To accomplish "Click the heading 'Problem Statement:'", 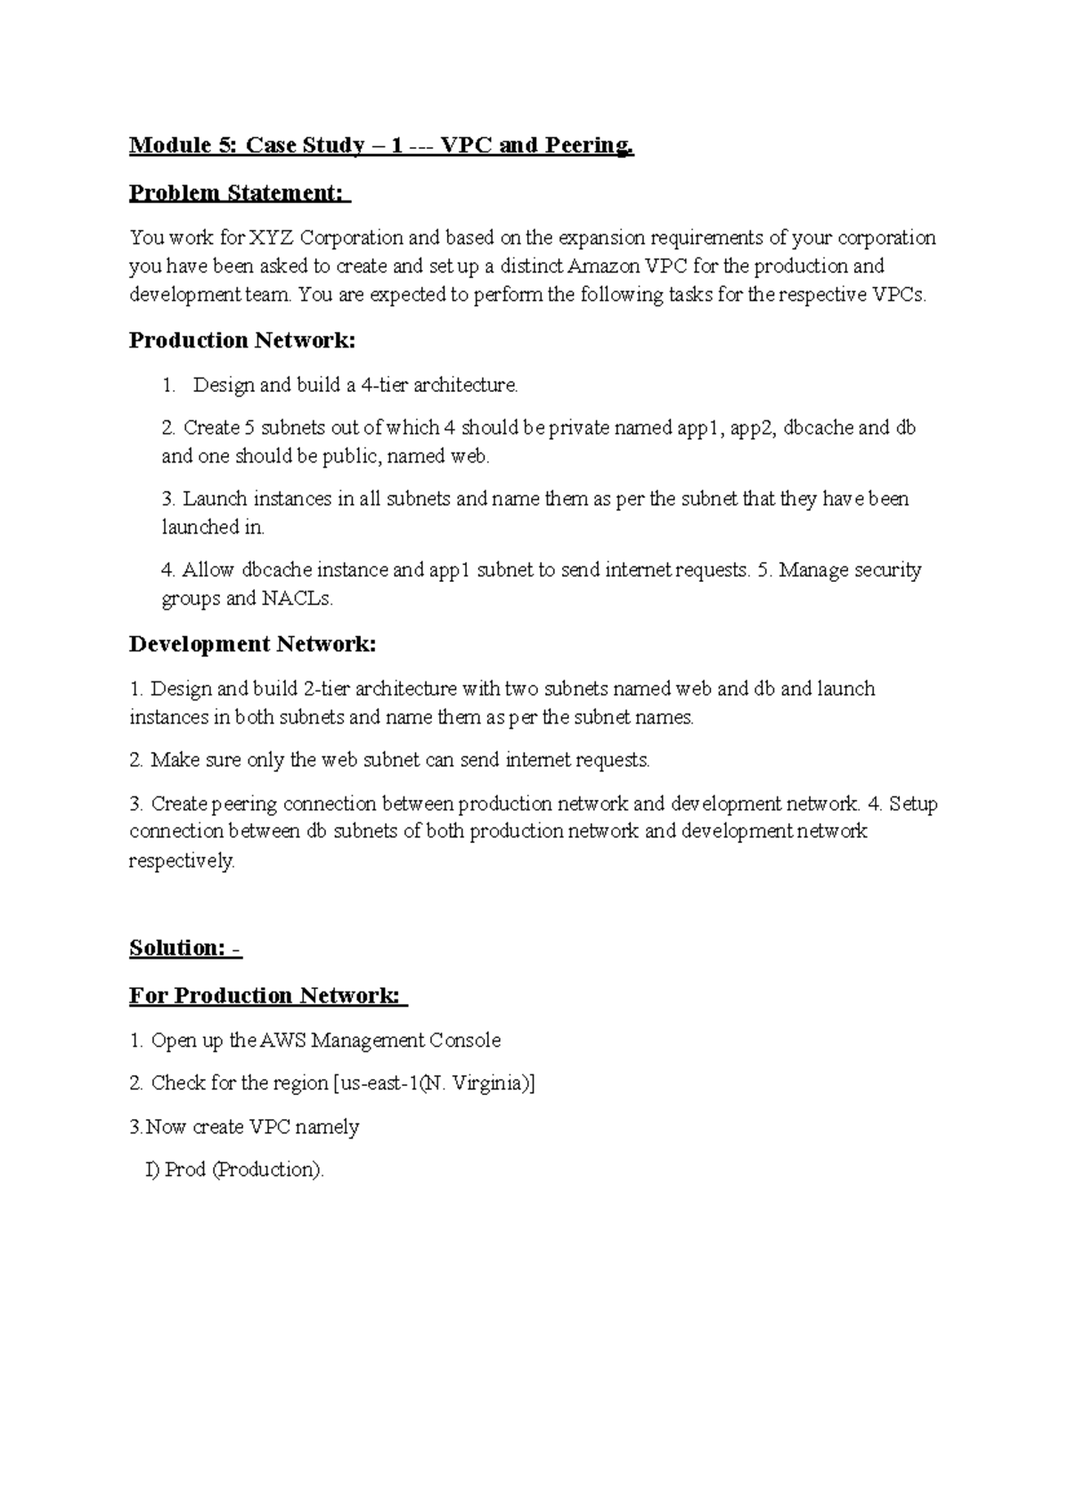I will (239, 192).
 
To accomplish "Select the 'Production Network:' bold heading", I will (241, 340).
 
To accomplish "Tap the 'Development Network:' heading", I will (252, 644).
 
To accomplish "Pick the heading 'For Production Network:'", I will (266, 995).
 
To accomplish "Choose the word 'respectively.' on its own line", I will (183, 862).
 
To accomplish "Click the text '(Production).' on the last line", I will (268, 1170).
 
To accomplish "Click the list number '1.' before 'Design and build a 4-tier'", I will (169, 386).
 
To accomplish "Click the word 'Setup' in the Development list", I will (913, 804).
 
